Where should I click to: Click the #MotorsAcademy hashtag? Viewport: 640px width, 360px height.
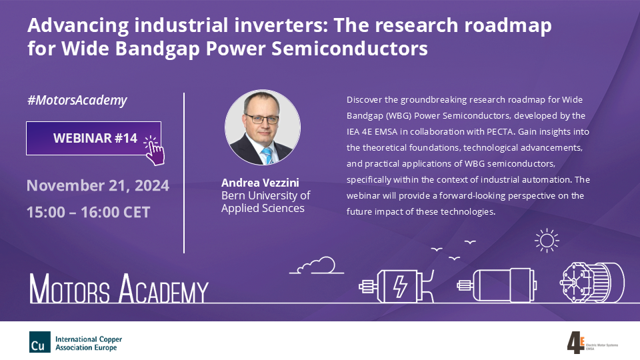[77, 101]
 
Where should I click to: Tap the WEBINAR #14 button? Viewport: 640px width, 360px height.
[93, 139]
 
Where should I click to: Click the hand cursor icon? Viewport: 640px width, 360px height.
[154, 150]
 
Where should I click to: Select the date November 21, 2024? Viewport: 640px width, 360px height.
[98, 186]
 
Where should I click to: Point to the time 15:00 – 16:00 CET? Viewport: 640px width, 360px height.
[89, 212]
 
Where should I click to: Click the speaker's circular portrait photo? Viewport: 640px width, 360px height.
[263, 127]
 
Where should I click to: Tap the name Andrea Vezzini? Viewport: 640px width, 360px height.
[260, 183]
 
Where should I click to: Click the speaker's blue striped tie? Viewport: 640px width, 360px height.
[267, 156]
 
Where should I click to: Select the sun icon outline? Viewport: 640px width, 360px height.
[547, 241]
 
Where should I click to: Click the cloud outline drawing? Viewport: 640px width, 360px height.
[317, 265]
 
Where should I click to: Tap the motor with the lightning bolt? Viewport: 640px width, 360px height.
[396, 285]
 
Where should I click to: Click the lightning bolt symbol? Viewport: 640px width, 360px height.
[400, 286]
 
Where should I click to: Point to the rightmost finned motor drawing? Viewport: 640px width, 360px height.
[592, 283]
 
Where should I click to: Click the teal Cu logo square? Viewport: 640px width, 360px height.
[40, 342]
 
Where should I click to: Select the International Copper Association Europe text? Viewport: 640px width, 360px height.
[89, 343]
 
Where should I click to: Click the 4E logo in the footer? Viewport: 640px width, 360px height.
[576, 343]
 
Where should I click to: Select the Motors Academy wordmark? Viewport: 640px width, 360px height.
[119, 288]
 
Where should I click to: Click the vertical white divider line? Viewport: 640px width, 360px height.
[184, 173]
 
